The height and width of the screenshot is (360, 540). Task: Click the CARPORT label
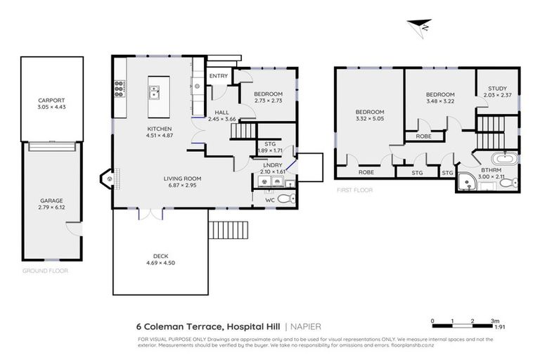pos(51,100)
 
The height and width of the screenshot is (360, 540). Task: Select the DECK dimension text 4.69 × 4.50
pos(160,262)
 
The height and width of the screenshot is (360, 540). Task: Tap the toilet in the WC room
pos(284,200)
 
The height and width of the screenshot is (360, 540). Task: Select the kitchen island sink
pos(155,90)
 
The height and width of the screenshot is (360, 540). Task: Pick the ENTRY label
pos(219,76)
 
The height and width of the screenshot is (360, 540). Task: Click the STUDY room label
pos(497,89)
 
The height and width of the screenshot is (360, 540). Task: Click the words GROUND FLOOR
pos(44,270)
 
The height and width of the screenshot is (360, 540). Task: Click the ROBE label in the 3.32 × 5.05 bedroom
pos(366,172)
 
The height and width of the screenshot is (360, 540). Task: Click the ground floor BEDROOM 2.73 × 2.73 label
pos(267,94)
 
